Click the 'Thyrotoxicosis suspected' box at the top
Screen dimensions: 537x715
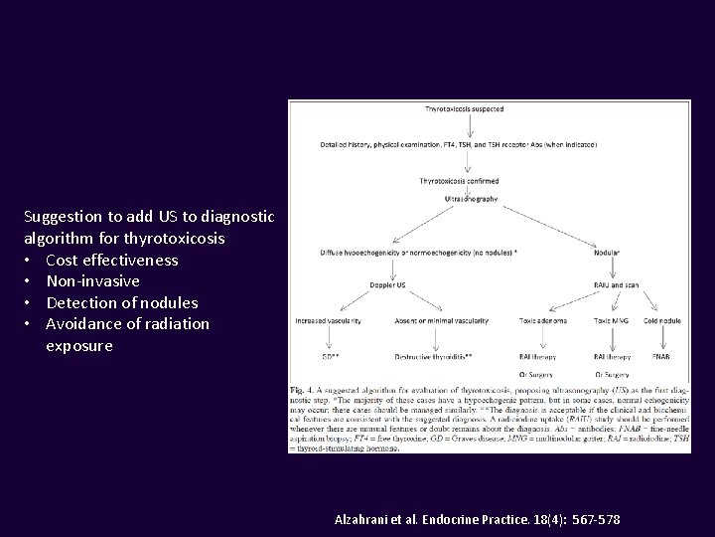click(460, 106)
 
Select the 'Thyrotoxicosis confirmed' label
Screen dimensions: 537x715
click(460, 181)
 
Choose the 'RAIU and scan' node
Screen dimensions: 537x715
click(617, 286)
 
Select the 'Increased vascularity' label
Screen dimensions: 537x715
click(328, 320)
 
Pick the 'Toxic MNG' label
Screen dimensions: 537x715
click(612, 320)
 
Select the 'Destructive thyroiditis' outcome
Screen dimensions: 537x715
click(431, 356)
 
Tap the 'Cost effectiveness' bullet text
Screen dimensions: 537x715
click(112, 261)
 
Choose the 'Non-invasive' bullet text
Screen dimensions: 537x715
click(92, 281)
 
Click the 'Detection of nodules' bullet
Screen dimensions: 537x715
click(122, 302)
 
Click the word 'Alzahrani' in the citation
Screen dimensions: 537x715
click(366, 520)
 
